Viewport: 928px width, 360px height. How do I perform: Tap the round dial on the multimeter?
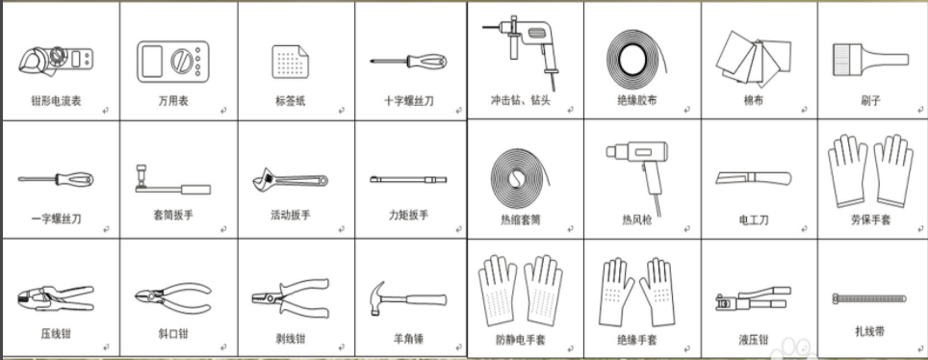click(x=181, y=61)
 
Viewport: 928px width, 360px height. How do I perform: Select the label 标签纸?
click(x=291, y=101)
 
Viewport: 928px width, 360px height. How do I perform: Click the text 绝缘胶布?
click(x=636, y=101)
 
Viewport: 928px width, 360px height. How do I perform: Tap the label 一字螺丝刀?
click(x=56, y=219)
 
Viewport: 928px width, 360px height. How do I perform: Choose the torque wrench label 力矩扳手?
click(x=408, y=215)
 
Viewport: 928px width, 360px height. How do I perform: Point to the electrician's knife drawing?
click(x=753, y=177)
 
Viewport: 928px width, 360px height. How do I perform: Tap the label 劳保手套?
click(x=870, y=219)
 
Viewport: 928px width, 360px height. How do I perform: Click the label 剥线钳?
click(x=291, y=339)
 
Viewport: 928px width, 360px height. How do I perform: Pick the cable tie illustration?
click(x=869, y=297)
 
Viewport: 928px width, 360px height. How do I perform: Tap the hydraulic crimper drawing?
click(x=753, y=298)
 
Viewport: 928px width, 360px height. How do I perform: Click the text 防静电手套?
click(x=521, y=340)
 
